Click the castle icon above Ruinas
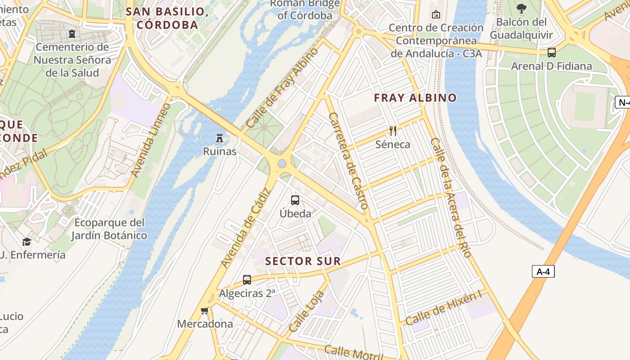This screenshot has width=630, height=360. point(220,138)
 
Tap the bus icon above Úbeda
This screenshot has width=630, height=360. point(295,200)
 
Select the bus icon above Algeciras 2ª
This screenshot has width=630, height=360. point(247,279)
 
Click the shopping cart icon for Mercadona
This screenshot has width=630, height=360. point(205,310)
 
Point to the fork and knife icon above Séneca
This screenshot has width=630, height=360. point(393,131)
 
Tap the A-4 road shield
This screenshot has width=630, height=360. point(543,271)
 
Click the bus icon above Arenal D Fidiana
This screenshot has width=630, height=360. point(552,52)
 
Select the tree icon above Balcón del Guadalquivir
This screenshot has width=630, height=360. point(522,8)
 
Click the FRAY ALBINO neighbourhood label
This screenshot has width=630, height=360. point(415,98)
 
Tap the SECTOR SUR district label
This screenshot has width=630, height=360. point(303,261)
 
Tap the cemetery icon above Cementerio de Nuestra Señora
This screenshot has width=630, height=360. point(72,33)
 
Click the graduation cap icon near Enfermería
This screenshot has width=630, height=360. point(27,242)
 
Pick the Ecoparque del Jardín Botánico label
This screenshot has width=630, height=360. point(109,229)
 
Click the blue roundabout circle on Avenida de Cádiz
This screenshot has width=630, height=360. point(282,163)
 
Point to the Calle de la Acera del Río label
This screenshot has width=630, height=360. point(450,197)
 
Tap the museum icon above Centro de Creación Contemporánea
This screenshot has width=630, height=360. point(436,14)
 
